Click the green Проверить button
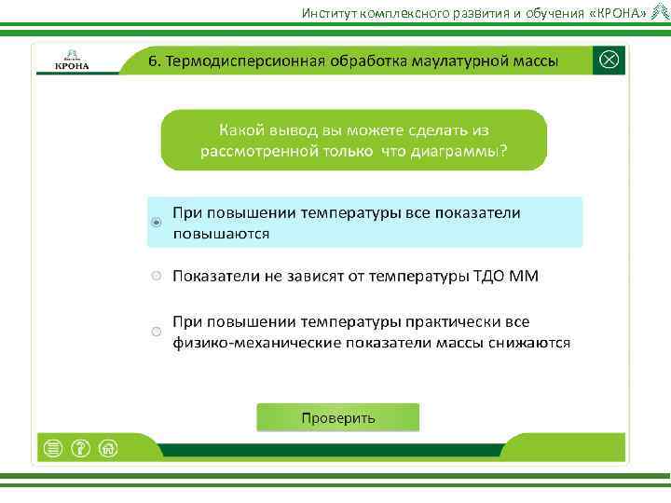(x=337, y=417)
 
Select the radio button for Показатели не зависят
(x=157, y=277)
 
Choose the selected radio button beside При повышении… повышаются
(x=157, y=223)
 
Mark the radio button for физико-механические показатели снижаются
(x=157, y=332)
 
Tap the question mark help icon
(x=80, y=448)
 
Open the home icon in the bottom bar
(x=108, y=448)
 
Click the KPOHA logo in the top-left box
(x=72, y=61)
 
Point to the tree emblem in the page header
(x=659, y=12)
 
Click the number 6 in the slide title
(x=156, y=61)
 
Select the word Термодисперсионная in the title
(x=245, y=61)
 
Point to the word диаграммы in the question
(x=458, y=151)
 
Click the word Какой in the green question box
(x=242, y=129)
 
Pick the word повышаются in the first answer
(x=221, y=234)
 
